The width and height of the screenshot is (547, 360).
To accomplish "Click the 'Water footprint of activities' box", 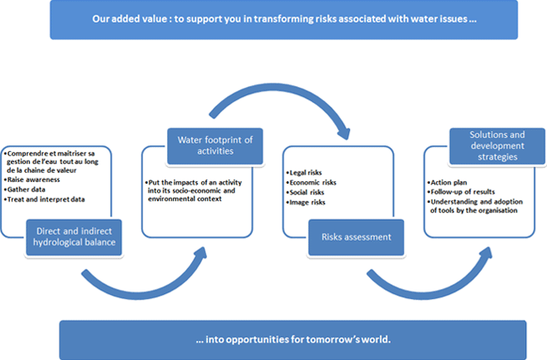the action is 215,146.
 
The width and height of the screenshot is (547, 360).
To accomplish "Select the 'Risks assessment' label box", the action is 357,237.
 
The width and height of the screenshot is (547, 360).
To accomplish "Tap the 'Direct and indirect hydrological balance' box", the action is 74,237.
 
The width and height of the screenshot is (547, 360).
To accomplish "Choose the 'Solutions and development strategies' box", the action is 497,146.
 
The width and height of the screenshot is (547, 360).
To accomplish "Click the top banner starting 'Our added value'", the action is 284,19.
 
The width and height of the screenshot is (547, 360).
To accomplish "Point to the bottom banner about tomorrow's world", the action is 292,340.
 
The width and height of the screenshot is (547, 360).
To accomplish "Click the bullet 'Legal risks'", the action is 304,173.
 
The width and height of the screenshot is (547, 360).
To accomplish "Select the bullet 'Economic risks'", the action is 311,182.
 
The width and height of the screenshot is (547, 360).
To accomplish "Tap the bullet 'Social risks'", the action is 306,192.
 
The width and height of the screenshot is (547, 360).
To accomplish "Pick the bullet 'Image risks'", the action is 306,202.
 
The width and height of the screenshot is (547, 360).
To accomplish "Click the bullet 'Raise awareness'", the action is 32,180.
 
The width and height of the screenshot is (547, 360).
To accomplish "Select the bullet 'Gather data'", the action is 24,190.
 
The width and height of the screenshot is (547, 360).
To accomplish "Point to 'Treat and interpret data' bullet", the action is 44,200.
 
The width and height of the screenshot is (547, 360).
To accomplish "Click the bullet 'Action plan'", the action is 447,182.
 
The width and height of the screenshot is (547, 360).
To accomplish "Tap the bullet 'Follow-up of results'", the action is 461,192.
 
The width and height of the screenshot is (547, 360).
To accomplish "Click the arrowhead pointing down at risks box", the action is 344,134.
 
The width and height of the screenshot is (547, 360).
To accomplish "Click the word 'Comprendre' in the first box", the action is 28,154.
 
